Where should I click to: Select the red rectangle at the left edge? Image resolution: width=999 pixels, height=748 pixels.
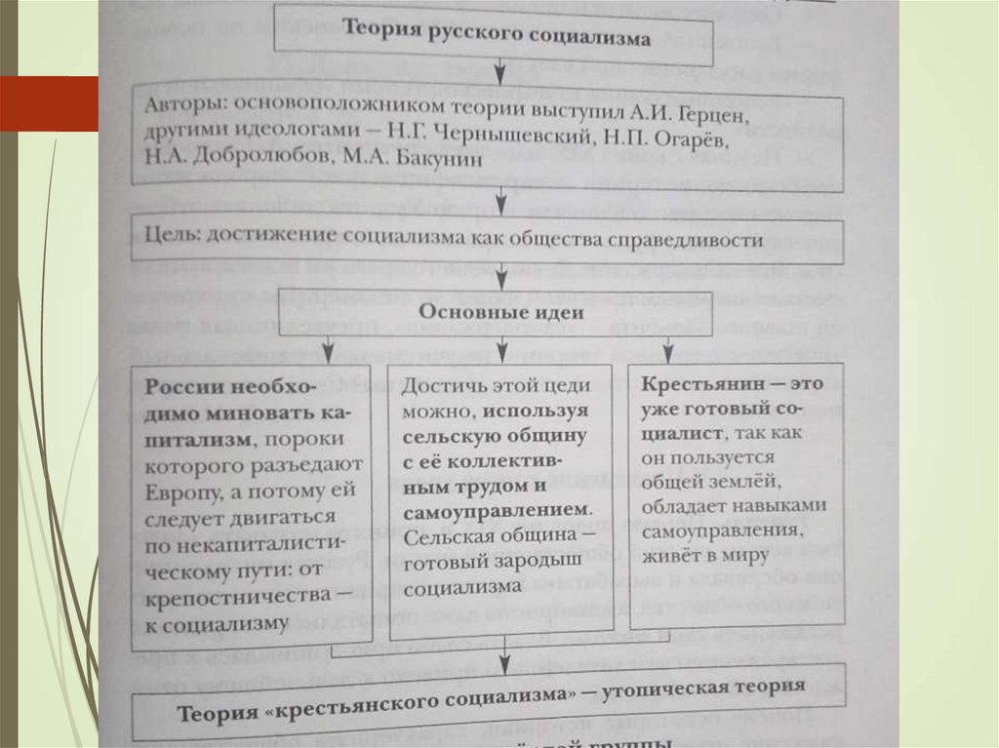[49, 103]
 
